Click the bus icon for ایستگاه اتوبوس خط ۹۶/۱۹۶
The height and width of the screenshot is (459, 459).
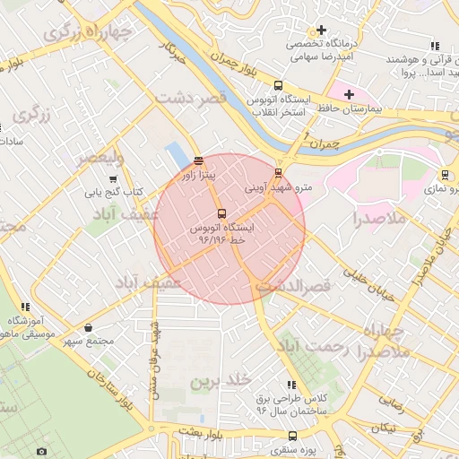pyautogui.click(x=222, y=213)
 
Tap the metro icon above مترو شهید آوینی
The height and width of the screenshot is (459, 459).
pyautogui.click(x=278, y=174)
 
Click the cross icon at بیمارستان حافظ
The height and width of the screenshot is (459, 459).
pyautogui.click(x=349, y=94)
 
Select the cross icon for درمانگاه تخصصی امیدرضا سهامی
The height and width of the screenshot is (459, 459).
pyautogui.click(x=320, y=30)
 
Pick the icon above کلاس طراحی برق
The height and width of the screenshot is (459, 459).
pyautogui.click(x=290, y=384)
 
